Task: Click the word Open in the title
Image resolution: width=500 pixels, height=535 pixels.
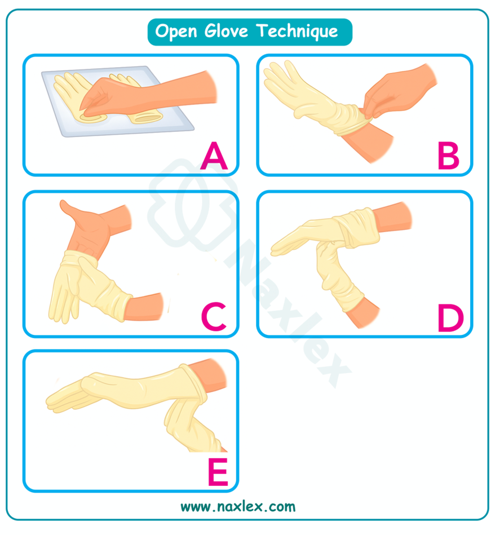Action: [176, 32]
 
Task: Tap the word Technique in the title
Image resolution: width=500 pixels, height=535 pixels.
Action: [297, 32]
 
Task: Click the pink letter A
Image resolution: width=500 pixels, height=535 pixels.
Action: [214, 156]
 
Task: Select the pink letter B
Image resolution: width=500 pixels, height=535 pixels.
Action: [448, 156]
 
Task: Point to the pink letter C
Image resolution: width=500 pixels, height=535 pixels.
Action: [214, 316]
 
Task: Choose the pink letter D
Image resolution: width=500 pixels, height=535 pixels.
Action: [450, 318]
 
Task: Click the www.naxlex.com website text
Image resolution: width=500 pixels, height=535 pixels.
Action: [238, 507]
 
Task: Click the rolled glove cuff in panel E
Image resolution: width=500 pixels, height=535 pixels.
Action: [194, 384]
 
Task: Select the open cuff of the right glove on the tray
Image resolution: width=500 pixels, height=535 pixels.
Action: [145, 118]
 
